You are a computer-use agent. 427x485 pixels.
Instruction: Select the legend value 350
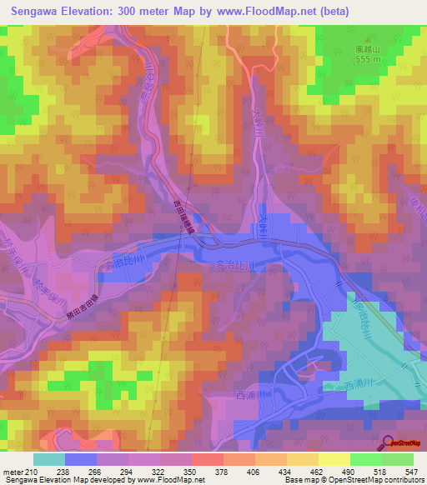192,472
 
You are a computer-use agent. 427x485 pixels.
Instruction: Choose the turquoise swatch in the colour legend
49,459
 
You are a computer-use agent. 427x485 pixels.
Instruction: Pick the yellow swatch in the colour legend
334,459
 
